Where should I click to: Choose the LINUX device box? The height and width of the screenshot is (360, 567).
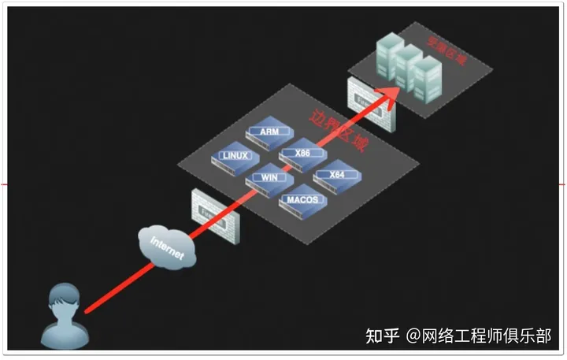(235, 158)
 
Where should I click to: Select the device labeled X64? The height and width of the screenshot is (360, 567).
(336, 176)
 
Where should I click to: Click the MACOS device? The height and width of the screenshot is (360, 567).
(303, 202)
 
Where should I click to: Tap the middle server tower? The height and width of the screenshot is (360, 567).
(408, 66)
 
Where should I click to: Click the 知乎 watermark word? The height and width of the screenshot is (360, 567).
(382, 336)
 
